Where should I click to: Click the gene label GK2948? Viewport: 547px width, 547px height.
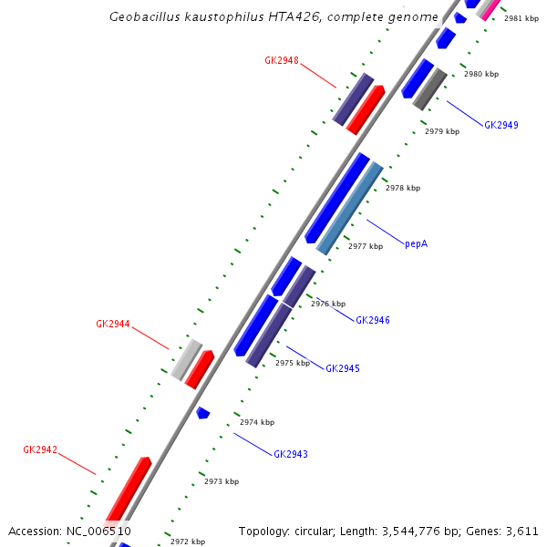(282, 60)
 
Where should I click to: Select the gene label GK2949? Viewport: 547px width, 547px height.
(501, 125)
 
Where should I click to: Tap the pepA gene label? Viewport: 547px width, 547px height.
(416, 243)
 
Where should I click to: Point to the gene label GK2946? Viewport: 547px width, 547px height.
(373, 321)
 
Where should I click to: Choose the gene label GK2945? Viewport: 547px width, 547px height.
(343, 368)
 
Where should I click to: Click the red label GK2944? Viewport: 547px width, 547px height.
(113, 324)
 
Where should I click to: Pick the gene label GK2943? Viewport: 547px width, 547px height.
(291, 454)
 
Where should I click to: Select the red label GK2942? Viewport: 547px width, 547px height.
(40, 449)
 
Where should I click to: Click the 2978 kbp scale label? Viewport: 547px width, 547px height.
(403, 188)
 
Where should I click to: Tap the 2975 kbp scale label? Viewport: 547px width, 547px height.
(293, 363)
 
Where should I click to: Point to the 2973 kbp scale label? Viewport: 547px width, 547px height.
(222, 481)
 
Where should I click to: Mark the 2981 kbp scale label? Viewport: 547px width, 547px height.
(521, 18)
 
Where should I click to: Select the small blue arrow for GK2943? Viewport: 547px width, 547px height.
(203, 413)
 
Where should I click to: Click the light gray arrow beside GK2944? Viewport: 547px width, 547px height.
(186, 360)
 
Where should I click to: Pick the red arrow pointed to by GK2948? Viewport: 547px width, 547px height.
(365, 109)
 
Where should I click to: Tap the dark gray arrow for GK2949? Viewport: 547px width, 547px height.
(429, 89)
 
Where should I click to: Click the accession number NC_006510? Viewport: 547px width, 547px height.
(98, 531)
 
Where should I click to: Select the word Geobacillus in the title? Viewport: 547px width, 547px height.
(143, 16)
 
